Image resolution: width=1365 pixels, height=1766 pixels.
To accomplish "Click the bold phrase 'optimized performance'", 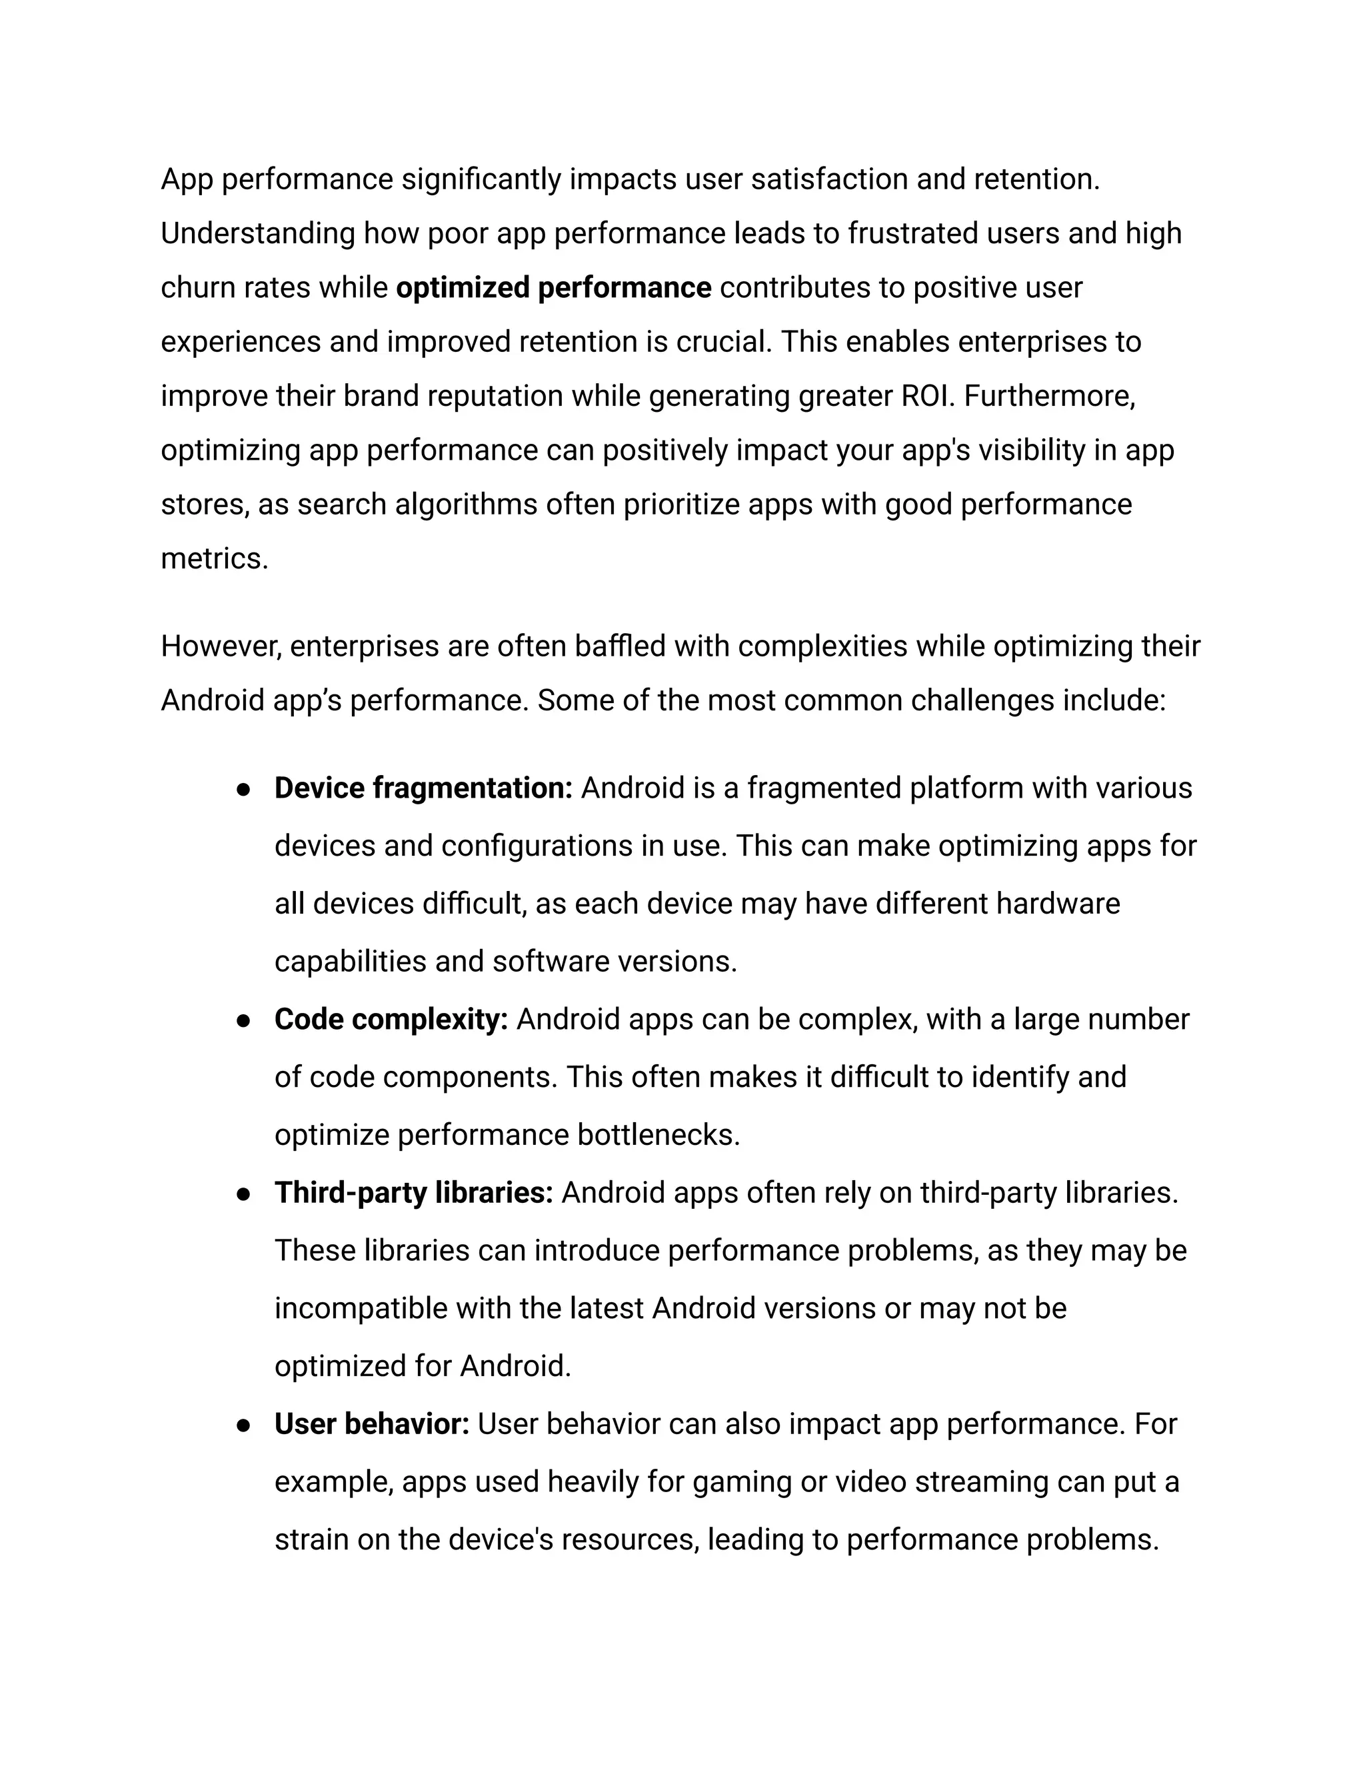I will pyautogui.click(x=553, y=288).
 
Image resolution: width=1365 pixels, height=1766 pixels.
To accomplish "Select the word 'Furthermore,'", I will pyautogui.click(x=1049, y=397).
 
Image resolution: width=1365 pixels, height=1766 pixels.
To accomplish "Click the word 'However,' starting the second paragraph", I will pyautogui.click(x=221, y=646).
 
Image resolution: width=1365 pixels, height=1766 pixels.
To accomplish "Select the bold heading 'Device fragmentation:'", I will pyautogui.click(x=423, y=788).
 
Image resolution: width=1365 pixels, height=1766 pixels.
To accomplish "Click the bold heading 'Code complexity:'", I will pyautogui.click(x=391, y=1019).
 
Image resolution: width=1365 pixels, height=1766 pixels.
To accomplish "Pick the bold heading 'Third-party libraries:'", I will pyautogui.click(x=413, y=1193).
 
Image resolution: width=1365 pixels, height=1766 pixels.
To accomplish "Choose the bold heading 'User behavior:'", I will pyautogui.click(x=371, y=1424).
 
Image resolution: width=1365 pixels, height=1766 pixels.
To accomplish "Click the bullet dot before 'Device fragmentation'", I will pyautogui.click(x=242, y=789).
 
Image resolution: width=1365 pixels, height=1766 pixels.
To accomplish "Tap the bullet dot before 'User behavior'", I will pyautogui.click(x=242, y=1425).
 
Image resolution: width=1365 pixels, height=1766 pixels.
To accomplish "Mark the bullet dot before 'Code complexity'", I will pyautogui.click(x=242, y=1020).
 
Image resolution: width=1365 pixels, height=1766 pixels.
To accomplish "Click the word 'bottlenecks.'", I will pyautogui.click(x=659, y=1134).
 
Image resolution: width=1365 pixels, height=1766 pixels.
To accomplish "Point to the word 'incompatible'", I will pyautogui.click(x=361, y=1308).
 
